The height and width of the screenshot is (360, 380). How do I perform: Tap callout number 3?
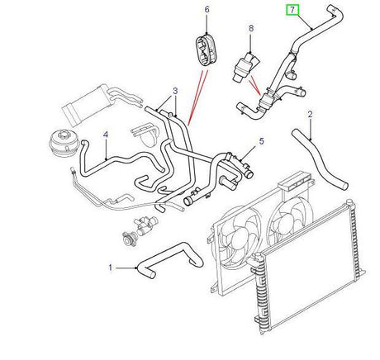175,92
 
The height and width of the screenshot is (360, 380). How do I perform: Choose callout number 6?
207,10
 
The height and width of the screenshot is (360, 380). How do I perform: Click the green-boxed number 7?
290,11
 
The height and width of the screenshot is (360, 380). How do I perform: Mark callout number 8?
250,31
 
